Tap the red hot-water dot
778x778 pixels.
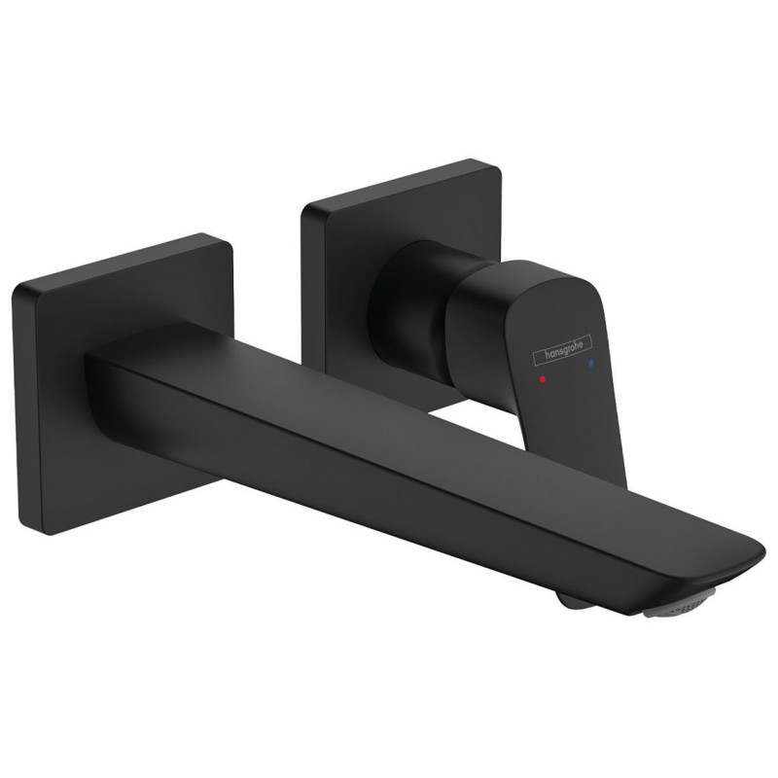tap(542, 379)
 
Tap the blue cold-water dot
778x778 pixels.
tap(590, 364)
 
